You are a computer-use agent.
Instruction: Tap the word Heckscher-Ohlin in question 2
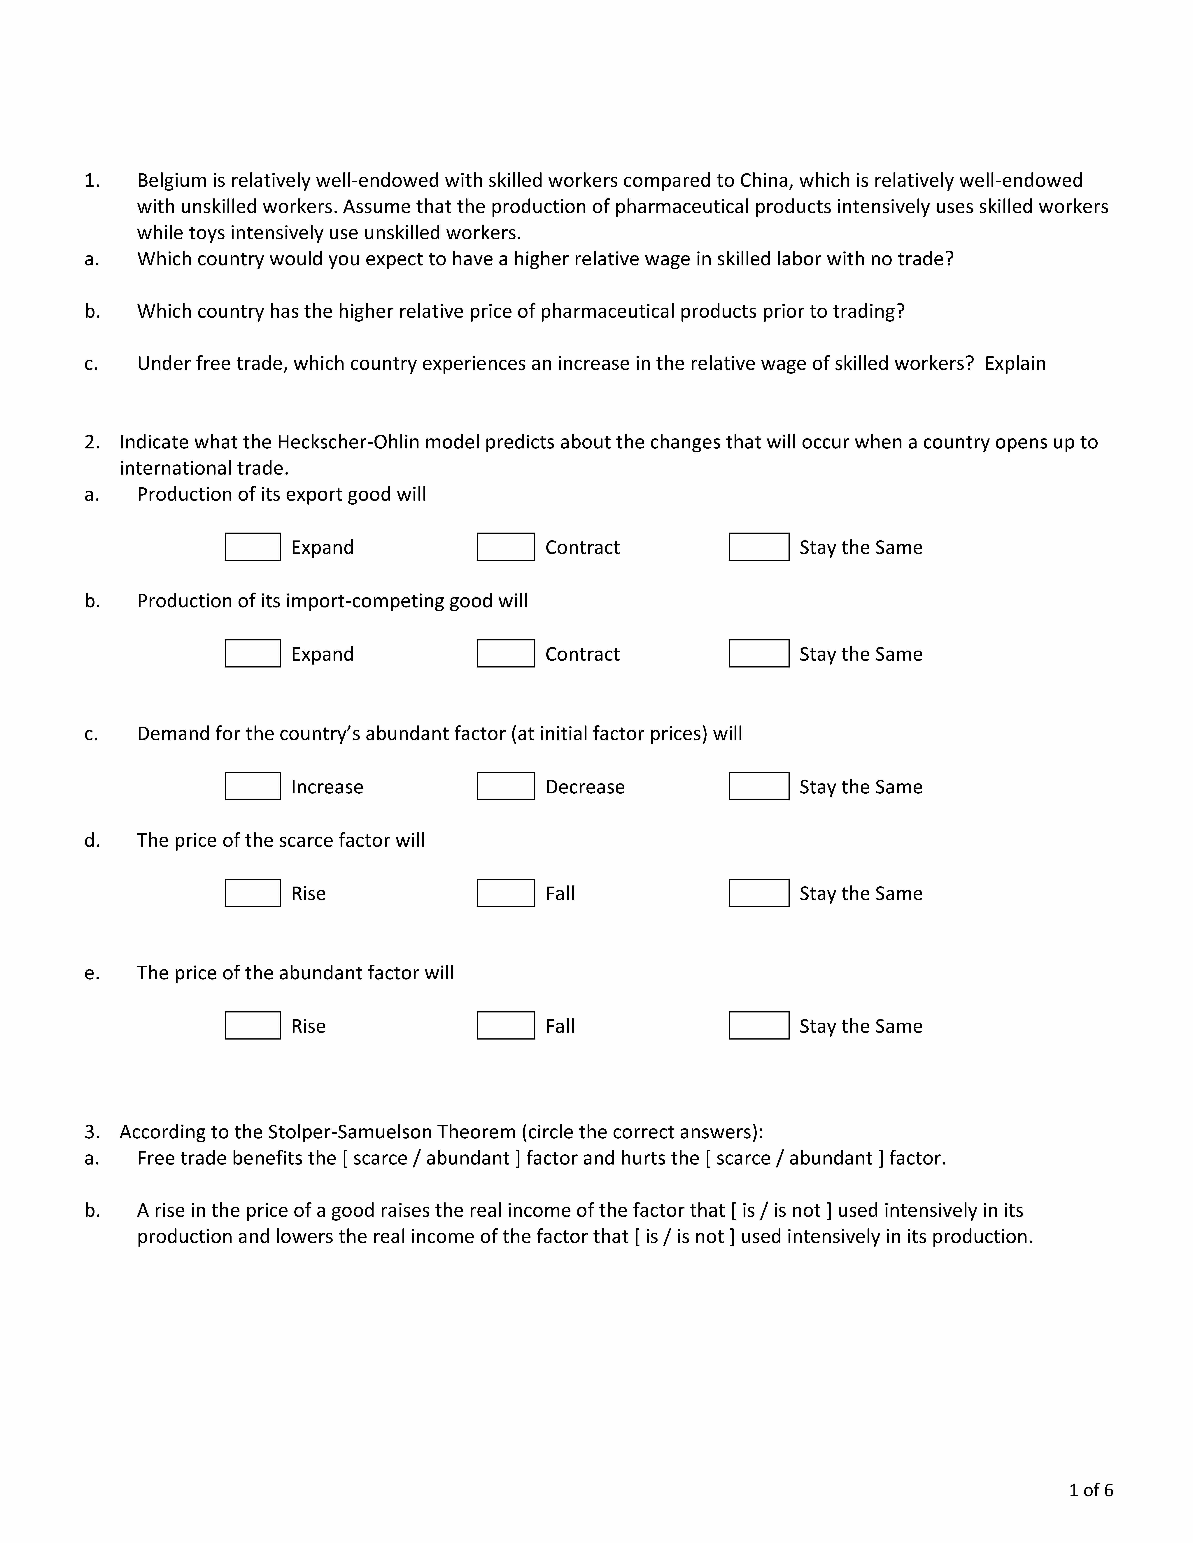click(x=348, y=442)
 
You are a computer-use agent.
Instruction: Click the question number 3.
click(x=91, y=1132)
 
